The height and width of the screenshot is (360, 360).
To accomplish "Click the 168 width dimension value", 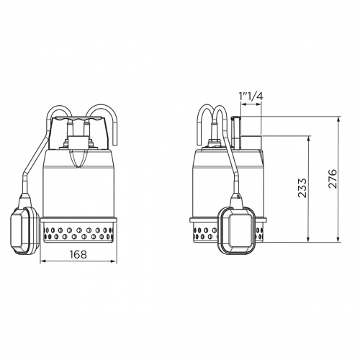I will click(78, 253).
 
